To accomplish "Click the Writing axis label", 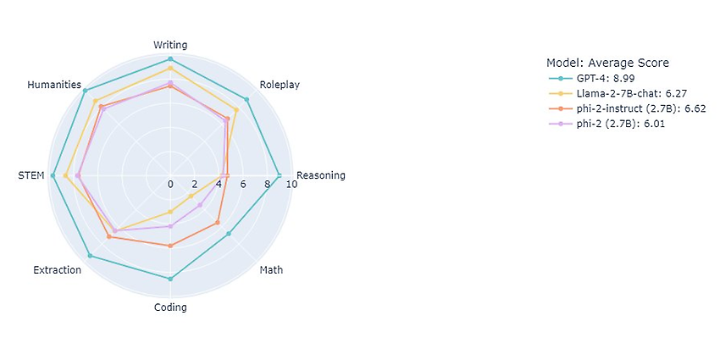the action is (x=170, y=45).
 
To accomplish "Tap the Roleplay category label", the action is (x=280, y=85).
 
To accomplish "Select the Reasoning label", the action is (x=321, y=175).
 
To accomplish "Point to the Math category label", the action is (x=271, y=269).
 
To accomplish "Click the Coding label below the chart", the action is (x=170, y=307).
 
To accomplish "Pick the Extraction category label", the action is (x=58, y=270).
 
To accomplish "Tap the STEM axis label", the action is (x=31, y=175).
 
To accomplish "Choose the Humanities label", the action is (x=54, y=85).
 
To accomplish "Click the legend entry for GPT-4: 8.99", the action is (x=591, y=78).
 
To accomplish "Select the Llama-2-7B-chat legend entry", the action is (x=618, y=94).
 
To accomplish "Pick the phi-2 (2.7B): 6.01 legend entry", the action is (x=606, y=124).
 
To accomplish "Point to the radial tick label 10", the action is (x=291, y=184).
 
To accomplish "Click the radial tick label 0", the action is (x=170, y=184).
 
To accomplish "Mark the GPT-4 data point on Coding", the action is (x=170, y=279).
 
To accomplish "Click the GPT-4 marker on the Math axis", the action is (x=229, y=234).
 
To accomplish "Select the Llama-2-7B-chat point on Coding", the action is (x=170, y=212).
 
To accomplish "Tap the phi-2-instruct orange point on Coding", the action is (x=170, y=246).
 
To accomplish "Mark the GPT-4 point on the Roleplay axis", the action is (x=246, y=100).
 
